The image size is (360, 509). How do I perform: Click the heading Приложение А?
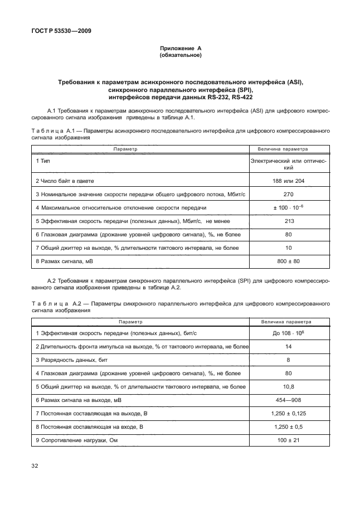[x=180, y=49]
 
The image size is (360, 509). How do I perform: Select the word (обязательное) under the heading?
[x=180, y=56]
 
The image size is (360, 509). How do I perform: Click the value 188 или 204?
[x=288, y=182]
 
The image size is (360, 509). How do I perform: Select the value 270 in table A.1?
[x=288, y=195]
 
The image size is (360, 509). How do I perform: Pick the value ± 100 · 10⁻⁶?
[x=288, y=207]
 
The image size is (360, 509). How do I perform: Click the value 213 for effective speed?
[x=288, y=220]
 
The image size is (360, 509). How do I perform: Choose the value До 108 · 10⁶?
[x=288, y=333]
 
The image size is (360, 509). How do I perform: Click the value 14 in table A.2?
[x=288, y=347]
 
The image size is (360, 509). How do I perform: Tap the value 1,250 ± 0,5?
[x=288, y=426]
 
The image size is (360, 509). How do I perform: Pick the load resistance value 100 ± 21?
[x=288, y=440]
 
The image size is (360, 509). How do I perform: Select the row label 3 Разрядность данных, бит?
[x=70, y=360]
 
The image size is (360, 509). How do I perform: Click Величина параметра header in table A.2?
[x=288, y=322]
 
